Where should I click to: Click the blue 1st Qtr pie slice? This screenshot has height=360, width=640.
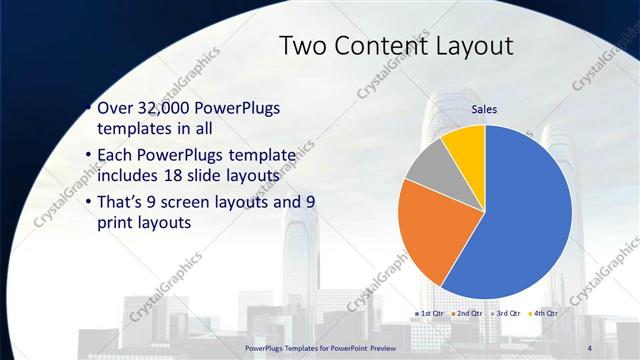525,215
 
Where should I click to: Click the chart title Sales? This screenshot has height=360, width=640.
485,110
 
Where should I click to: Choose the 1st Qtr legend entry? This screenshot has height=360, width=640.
429,313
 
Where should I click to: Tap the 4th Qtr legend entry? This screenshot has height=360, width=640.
543,313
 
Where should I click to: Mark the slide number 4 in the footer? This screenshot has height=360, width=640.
589,346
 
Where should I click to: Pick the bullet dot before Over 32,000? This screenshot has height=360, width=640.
88,107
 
